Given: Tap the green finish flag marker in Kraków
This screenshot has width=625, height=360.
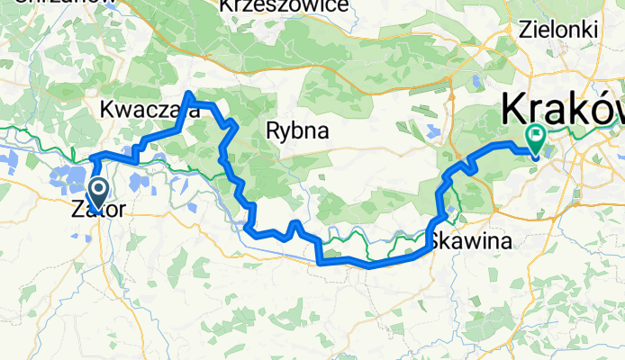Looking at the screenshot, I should (537, 138).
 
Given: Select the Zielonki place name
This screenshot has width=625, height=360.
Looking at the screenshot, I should (558, 29).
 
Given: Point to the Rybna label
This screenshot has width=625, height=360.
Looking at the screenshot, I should (297, 131).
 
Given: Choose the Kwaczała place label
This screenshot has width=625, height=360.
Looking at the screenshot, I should (150, 110).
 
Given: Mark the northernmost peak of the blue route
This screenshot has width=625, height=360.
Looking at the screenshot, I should (189, 94).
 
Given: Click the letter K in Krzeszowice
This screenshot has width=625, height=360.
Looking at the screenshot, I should (227, 6).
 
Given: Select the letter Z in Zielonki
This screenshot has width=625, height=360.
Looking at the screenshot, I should (526, 29).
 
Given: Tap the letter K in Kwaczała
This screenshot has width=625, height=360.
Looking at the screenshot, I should (108, 110).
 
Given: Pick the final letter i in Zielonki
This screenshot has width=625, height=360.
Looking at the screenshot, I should (595, 29).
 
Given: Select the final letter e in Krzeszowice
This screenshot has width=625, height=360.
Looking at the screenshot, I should (342, 6).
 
